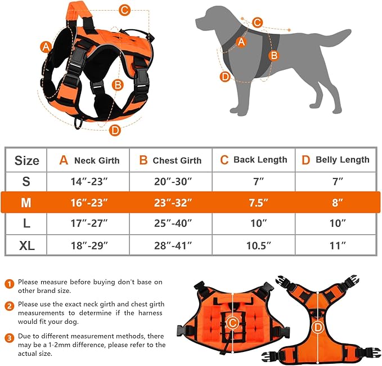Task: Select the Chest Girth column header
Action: (x=170, y=160)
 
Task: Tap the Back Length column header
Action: (x=253, y=160)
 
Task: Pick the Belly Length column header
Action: (x=336, y=160)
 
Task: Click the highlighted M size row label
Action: (x=26, y=203)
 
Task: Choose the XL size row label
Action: (x=26, y=245)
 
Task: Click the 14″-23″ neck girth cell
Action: (x=88, y=181)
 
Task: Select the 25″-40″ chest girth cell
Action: (x=170, y=224)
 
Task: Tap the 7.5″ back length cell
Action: (x=253, y=203)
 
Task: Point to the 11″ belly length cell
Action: (x=336, y=245)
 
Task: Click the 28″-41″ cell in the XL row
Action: (x=170, y=245)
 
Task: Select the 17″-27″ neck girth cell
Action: (x=88, y=224)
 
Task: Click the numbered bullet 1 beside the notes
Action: (x=10, y=282)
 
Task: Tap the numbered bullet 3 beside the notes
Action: (x=10, y=338)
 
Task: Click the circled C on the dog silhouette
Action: (x=257, y=23)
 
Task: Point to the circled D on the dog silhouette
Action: (x=225, y=77)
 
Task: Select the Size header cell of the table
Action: (x=26, y=160)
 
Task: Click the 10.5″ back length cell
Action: (x=253, y=245)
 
